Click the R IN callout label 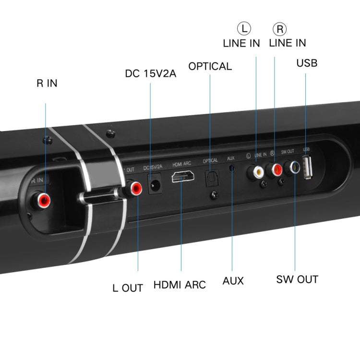coord(47,83)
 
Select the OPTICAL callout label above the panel coord(210,66)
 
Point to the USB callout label coord(307,63)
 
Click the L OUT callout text coord(128,288)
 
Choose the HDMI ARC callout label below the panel coord(180,285)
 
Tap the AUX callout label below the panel coord(233,281)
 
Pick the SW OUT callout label coord(297,279)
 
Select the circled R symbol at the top coord(280,29)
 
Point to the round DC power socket coord(155,185)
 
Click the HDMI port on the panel coord(183,177)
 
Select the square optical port coord(211,178)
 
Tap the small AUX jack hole coord(232,169)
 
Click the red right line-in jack coord(276,169)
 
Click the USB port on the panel coord(308,168)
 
